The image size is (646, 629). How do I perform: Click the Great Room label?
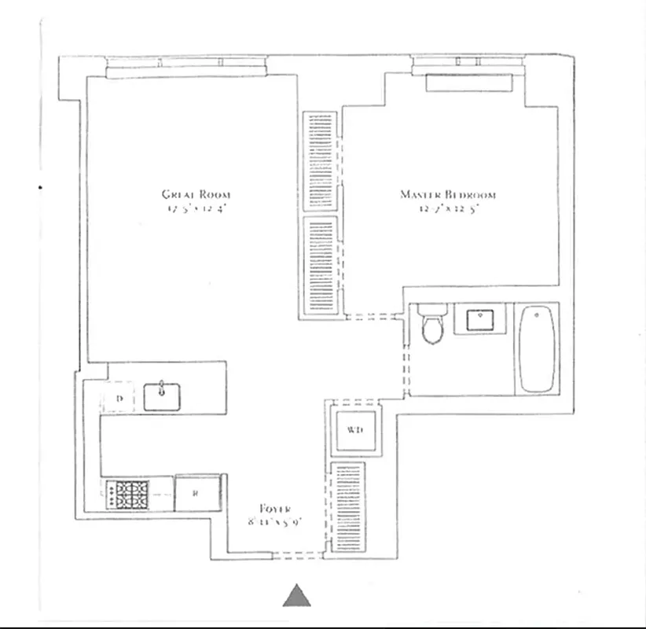(x=196, y=194)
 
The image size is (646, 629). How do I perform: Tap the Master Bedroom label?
(x=448, y=194)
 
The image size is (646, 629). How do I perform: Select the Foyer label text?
(x=276, y=509)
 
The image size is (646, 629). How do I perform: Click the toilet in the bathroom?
(x=431, y=326)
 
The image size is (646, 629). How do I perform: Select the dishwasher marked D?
(x=119, y=399)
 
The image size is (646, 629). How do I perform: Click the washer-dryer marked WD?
(x=354, y=430)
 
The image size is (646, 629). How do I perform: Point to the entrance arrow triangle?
(x=297, y=596)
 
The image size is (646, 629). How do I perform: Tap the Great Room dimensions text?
(x=196, y=210)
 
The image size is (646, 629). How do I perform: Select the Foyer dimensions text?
(x=274, y=522)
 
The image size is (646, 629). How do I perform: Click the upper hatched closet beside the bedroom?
(x=321, y=160)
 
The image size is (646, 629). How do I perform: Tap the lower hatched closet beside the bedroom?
(x=321, y=265)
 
